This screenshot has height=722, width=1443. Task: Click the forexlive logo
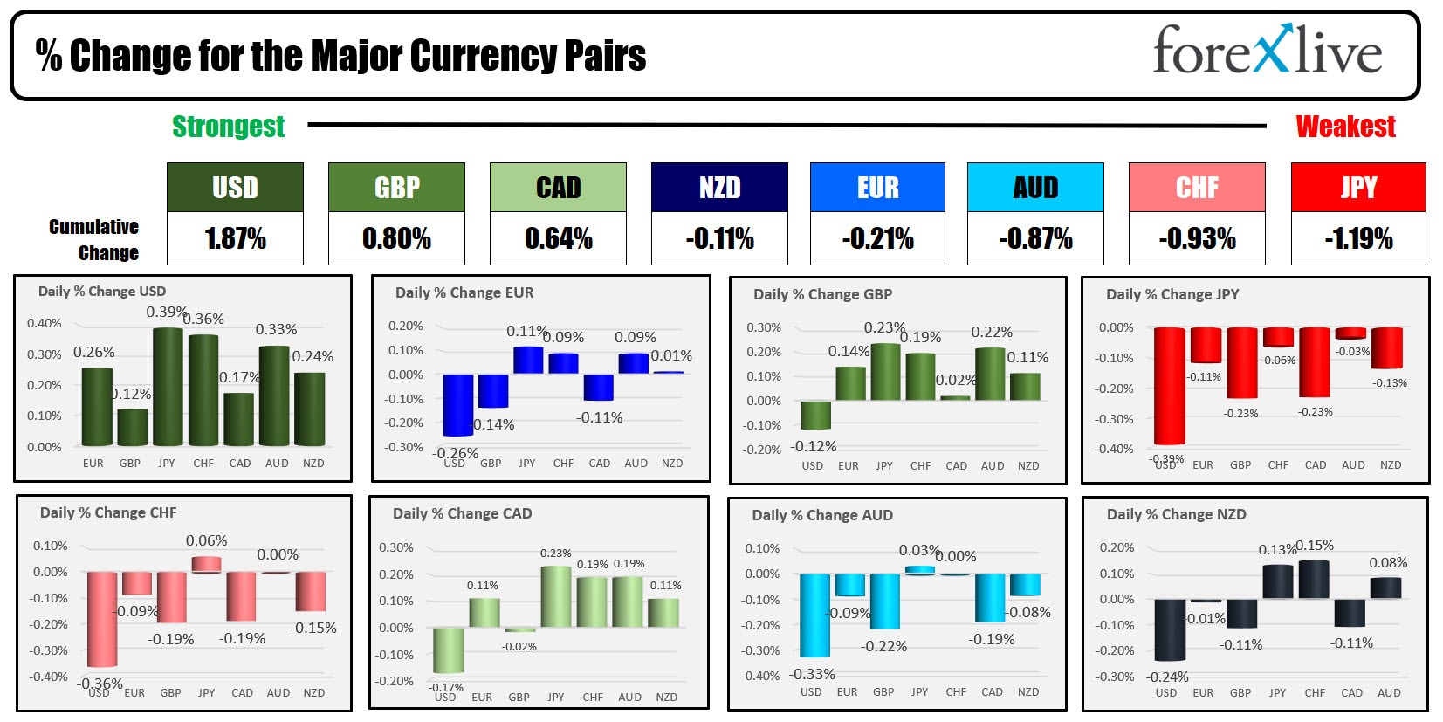pos(1267,51)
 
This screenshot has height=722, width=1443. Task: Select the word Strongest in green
pos(228,127)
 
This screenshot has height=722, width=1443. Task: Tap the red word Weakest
pos(1345,127)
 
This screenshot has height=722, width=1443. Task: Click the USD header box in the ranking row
pos(235,188)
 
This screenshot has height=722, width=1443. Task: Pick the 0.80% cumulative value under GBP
pos(396,238)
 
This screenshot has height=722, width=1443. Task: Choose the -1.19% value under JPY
pos(1358,238)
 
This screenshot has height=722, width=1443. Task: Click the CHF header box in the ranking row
pos(1196,188)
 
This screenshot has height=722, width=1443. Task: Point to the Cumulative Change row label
pos(94,239)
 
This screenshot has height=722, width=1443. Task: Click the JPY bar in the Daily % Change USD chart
pos(167,387)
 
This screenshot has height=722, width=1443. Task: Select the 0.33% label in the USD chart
pos(276,329)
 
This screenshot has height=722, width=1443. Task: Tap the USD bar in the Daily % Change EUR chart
pos(457,405)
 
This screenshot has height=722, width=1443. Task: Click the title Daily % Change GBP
pos(822,294)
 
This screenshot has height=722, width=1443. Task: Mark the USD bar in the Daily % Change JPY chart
pos(1169,386)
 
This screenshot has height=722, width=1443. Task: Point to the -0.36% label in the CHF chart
pos(101,683)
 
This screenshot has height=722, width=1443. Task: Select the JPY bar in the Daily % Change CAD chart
pos(555,597)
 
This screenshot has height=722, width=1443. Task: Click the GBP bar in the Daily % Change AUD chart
pos(884,601)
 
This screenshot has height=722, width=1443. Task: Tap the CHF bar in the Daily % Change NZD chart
pos(1314,579)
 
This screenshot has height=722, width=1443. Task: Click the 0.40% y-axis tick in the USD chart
pos(44,323)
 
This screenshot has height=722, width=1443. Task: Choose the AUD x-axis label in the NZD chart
pos(1389,692)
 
